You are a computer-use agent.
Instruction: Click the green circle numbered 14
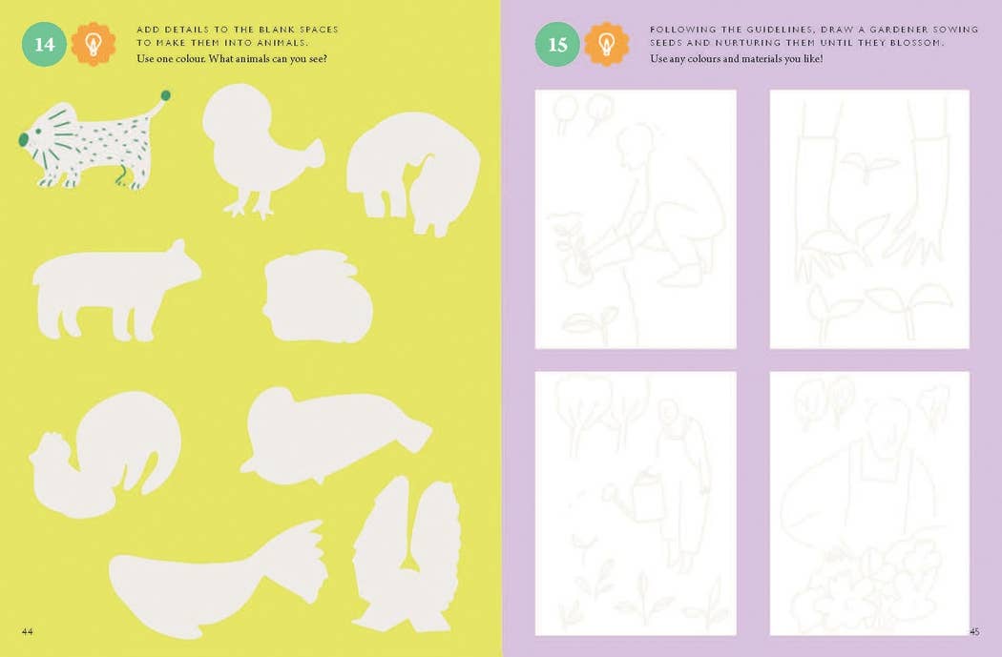pyautogui.click(x=44, y=44)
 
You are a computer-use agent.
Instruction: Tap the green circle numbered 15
pyautogui.click(x=557, y=44)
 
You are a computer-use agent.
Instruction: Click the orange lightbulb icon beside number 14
pyautogui.click(x=94, y=44)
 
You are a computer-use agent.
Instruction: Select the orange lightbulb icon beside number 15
pyautogui.click(x=607, y=44)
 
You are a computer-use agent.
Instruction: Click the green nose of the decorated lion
pyautogui.click(x=23, y=139)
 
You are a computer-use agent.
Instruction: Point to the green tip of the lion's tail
pyautogui.click(x=165, y=95)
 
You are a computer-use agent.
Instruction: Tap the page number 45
pyautogui.click(x=974, y=631)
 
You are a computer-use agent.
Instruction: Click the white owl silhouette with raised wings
pyautogui.click(x=406, y=553)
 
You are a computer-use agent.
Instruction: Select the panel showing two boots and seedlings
pyautogui.click(x=869, y=219)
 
